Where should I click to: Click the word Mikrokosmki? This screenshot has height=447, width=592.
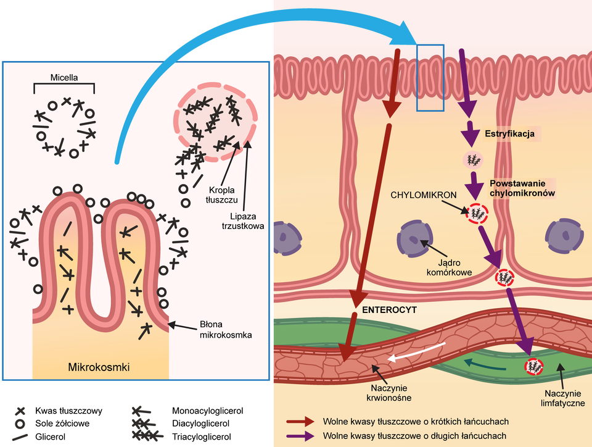coord(99,368)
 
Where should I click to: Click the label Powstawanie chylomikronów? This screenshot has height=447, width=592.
coord(522,188)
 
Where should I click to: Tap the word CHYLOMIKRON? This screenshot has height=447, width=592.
coord(424,194)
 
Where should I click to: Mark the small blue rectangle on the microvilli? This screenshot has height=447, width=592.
coord(430,78)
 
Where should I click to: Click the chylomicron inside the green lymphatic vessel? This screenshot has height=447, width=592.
coord(533,367)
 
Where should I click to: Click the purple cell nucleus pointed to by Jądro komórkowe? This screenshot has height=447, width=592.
coord(412,238)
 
